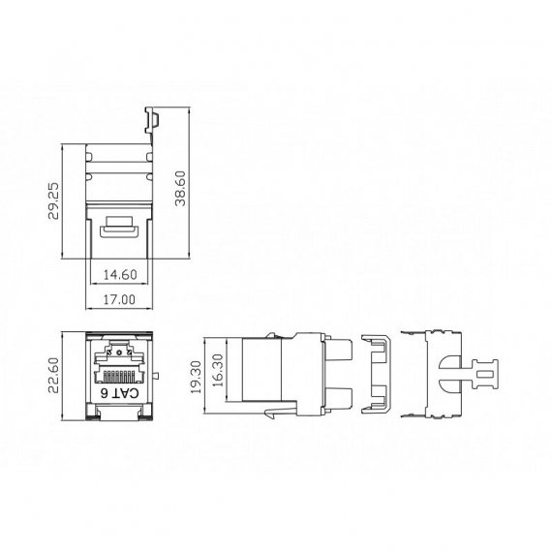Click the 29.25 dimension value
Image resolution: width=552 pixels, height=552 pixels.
[54, 201]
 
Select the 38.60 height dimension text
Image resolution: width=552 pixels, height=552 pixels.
[180, 188]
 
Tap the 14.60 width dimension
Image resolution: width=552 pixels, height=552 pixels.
[120, 275]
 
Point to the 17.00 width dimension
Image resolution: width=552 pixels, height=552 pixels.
[119, 299]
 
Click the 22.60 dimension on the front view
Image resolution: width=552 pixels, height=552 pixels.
[53, 376]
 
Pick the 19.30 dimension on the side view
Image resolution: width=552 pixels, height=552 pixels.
[196, 377]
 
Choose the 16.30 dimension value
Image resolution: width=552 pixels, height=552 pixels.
[218, 370]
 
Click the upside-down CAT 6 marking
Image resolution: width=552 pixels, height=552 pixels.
[120, 393]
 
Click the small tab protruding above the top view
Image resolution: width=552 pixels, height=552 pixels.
[151, 120]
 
